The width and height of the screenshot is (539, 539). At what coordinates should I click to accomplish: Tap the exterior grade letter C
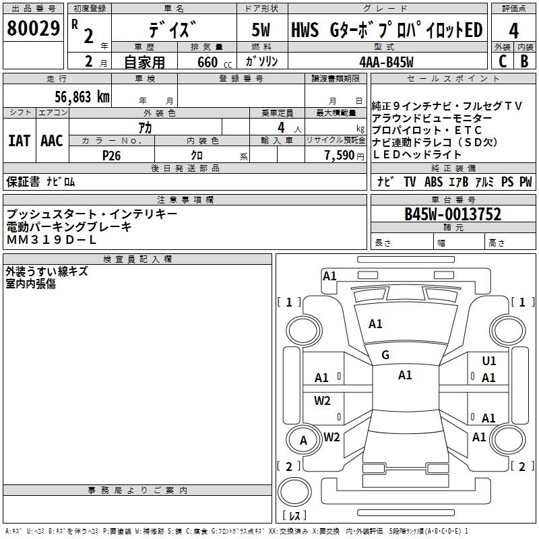click(502, 60)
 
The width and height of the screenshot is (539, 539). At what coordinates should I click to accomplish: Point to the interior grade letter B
click(524, 60)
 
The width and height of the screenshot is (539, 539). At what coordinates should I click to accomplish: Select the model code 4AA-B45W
click(386, 61)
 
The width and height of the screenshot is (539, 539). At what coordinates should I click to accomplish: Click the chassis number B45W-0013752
click(452, 214)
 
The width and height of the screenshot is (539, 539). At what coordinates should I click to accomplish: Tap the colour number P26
click(111, 154)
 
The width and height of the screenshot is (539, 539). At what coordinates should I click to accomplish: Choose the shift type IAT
click(19, 141)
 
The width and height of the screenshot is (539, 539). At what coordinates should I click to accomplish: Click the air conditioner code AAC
click(52, 141)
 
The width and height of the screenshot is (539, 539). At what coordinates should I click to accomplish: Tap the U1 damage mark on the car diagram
click(488, 361)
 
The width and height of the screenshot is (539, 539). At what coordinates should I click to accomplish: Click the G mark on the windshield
click(385, 355)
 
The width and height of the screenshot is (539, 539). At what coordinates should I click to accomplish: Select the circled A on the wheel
click(303, 441)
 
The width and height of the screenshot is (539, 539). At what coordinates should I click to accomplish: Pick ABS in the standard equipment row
click(433, 181)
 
